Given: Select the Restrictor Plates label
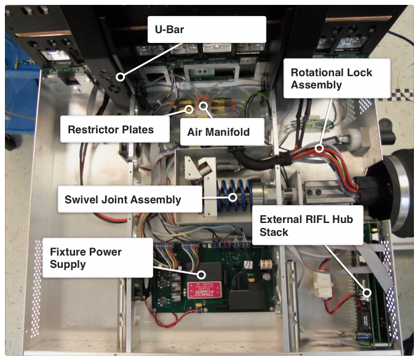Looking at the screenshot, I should coord(111,130).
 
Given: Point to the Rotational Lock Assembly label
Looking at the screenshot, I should coord(332,78).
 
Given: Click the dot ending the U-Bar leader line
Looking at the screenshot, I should coord(121,77).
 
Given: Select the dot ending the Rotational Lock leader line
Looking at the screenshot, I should coord(319,148).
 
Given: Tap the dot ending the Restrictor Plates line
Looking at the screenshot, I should coord(189,110).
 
